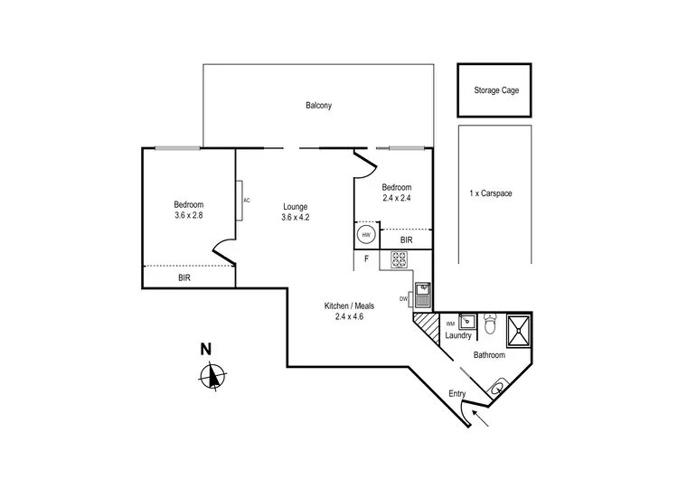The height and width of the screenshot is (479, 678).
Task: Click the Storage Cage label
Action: (x=496, y=90)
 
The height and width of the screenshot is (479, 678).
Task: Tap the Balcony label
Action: (x=318, y=106)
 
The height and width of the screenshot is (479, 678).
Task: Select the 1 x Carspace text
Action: (x=491, y=193)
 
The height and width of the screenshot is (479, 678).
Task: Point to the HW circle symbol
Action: (x=366, y=235)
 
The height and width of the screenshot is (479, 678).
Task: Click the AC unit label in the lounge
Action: (x=246, y=200)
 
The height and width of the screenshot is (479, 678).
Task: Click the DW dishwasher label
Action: (x=404, y=299)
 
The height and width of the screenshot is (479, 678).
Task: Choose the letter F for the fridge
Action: (x=366, y=258)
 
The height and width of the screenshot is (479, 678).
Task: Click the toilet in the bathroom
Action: (x=491, y=323)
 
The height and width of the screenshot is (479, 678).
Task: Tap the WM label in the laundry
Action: (x=449, y=324)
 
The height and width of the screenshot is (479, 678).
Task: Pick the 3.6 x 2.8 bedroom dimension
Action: (x=190, y=216)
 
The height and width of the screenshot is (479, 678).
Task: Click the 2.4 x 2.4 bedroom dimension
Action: (x=396, y=199)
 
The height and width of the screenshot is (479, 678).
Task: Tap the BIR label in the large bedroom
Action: (x=184, y=278)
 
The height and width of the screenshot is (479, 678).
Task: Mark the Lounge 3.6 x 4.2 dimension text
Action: (x=296, y=216)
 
